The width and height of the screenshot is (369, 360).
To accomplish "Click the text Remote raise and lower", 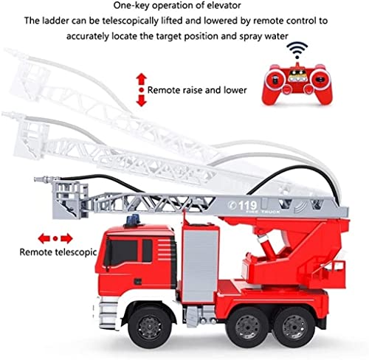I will [197, 90].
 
